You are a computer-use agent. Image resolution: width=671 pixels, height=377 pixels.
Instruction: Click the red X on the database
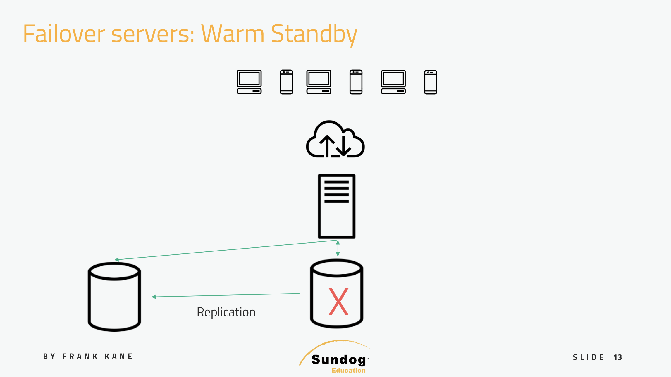click(x=338, y=301)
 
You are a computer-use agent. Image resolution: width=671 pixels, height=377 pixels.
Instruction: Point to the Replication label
click(x=226, y=312)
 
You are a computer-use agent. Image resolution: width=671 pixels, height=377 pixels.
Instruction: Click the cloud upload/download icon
click(x=335, y=140)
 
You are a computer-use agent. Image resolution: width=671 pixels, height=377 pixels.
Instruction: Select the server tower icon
click(x=336, y=206)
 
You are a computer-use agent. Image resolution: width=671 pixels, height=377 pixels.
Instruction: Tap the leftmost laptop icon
click(x=249, y=82)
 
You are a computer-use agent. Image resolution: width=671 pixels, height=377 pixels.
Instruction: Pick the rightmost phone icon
click(x=430, y=82)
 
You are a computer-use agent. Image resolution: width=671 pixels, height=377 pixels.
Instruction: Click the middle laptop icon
click(x=319, y=82)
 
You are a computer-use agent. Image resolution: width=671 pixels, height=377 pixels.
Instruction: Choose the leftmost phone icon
click(x=286, y=82)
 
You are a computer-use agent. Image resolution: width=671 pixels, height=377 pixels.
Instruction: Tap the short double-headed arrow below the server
click(x=338, y=249)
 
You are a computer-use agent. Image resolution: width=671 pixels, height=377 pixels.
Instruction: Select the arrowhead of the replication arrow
click(x=154, y=297)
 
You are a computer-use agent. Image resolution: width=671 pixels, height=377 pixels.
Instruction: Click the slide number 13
click(x=617, y=357)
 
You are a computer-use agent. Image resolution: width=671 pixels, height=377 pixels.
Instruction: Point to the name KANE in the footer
click(x=118, y=357)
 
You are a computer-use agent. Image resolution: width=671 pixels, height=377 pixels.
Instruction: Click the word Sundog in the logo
click(x=339, y=360)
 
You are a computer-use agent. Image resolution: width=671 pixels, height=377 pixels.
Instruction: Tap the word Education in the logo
click(x=348, y=371)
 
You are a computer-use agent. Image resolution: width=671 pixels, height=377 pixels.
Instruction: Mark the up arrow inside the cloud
click(x=327, y=145)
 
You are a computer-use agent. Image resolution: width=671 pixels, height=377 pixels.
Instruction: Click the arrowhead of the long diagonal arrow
click(x=117, y=259)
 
